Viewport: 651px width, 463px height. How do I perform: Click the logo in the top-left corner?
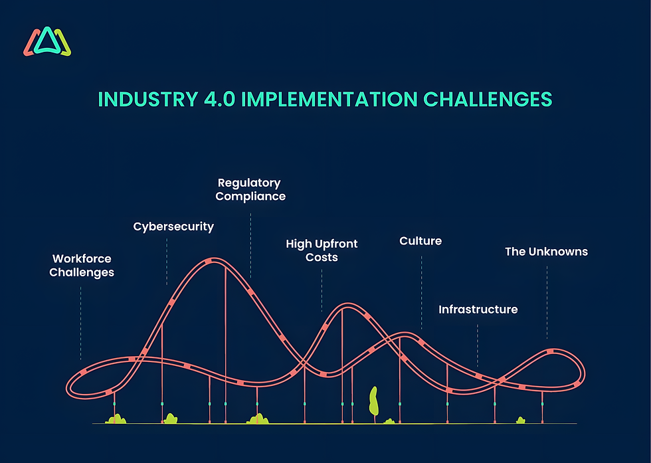pos(47,43)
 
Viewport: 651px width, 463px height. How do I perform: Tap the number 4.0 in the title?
pos(219,99)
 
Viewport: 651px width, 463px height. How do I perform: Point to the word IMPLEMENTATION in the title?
pos(329,99)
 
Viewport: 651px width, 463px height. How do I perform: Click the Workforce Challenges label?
pos(82,266)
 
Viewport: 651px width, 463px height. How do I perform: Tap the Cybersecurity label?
pos(173,227)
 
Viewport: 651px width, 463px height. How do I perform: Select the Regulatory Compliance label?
pos(250,189)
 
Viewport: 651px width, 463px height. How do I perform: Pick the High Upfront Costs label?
pos(322,250)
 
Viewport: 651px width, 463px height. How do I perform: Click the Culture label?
pos(420,240)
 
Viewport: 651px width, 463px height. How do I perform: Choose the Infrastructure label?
pos(478,310)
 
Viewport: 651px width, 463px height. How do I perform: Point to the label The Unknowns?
pos(546,252)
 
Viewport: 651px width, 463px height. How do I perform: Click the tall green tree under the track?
pos(374,402)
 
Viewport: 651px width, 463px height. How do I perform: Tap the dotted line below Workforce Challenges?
pos(81,322)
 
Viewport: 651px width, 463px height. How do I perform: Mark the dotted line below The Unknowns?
pos(547,302)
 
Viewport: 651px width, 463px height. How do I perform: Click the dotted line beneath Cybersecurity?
pos(167,262)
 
